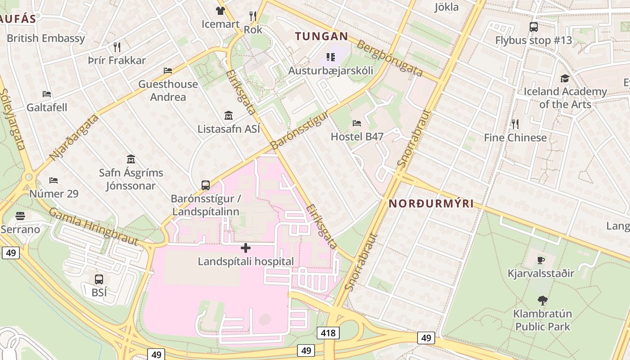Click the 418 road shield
tap(328, 333)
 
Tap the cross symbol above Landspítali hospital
tap(246, 248)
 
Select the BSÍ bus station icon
tap(99, 279)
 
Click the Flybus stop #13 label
tap(533, 40)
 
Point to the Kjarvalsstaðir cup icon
tap(541, 260)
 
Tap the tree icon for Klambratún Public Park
tap(542, 300)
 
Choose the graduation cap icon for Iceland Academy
tap(565, 79)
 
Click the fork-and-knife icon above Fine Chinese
tap(515, 124)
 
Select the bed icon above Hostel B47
tap(357, 123)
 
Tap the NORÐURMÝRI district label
tap(431, 203)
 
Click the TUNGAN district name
tap(321, 36)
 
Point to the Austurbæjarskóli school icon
tap(331, 57)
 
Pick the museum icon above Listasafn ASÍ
tap(229, 115)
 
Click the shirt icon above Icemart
tap(220, 11)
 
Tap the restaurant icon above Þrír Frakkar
tap(117, 47)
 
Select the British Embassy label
tap(45, 38)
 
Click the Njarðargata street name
tap(74, 137)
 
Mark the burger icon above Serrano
tap(20, 216)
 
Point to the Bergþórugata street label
tap(390, 58)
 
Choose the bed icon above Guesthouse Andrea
tap(168, 71)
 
